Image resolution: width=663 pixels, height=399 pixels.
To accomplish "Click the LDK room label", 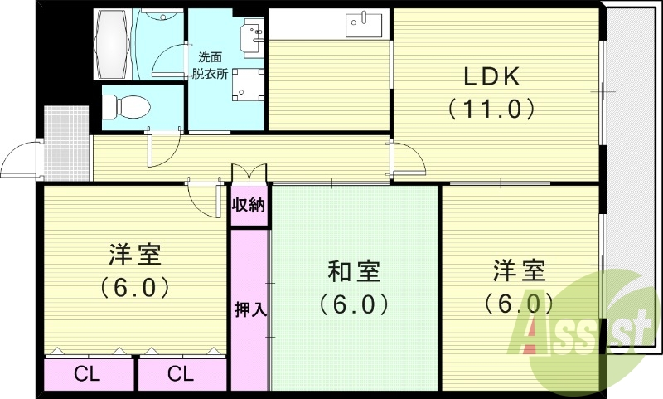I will coord(490,78).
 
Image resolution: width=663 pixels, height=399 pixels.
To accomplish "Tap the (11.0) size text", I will coord(490,109).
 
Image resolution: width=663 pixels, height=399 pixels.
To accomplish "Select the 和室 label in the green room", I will coord(354,271).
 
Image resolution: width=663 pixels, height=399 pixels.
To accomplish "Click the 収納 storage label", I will coord(249,205).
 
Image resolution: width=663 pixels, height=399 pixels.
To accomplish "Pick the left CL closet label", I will coord(87,374).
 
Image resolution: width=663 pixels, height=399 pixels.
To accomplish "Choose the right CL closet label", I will coord(180,374).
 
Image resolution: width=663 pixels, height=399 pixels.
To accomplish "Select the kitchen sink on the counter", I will coord(363,23).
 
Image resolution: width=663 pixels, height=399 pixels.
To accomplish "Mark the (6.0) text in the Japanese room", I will coord(354,304).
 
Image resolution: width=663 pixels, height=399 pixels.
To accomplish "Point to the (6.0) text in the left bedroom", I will coord(134,287).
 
